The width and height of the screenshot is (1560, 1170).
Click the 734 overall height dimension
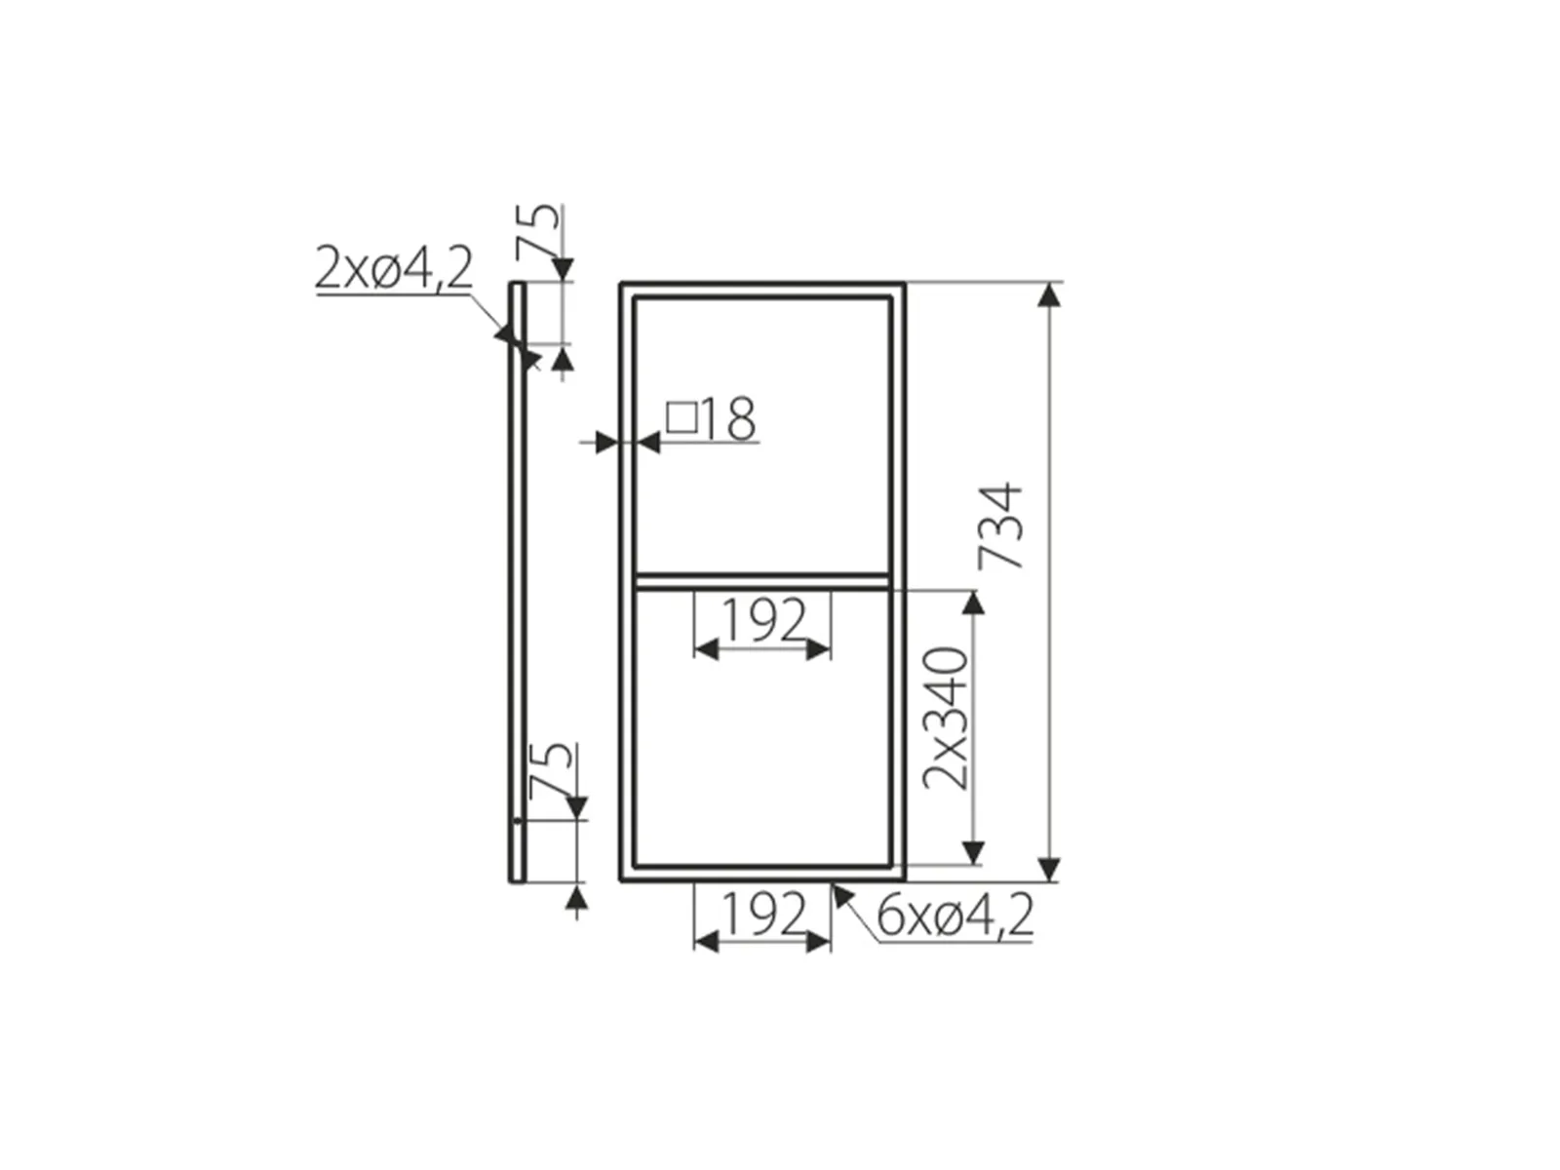1001,526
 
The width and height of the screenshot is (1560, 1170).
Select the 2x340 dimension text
947,718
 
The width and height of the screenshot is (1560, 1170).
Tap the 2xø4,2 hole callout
393,268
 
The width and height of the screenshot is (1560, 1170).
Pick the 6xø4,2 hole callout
955,916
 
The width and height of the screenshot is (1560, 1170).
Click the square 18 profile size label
712,419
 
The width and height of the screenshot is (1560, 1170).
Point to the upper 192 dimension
763,620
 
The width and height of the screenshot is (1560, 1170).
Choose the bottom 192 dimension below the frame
763,915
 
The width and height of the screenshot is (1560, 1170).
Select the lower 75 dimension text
553,769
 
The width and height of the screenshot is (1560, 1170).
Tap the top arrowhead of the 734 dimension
1049,295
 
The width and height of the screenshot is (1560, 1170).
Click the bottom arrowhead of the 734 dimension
1049,869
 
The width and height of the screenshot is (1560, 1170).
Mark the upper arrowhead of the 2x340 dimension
972,604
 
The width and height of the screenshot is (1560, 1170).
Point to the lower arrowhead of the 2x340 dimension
972,852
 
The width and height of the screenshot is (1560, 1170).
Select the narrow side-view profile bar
517,585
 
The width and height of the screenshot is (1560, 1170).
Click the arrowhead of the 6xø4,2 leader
838,892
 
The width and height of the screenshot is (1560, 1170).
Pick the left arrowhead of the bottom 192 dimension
706,941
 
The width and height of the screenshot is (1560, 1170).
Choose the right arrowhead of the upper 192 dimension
819,648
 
